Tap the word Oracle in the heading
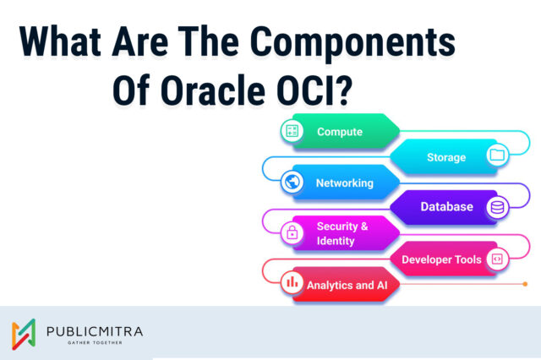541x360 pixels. click(227, 86)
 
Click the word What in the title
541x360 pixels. click(67, 41)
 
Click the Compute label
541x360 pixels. click(340, 132)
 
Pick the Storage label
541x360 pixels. click(445, 157)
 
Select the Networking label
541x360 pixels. click(344, 183)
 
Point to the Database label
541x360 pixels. click(446, 207)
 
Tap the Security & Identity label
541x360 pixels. click(342, 233)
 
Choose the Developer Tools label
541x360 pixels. click(441, 259)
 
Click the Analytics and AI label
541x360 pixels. click(341, 285)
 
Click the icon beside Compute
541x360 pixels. click(292, 131)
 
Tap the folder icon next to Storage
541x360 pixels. click(496, 155)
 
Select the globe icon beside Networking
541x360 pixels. click(292, 182)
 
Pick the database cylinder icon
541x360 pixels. click(496, 207)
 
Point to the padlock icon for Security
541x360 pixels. click(292, 233)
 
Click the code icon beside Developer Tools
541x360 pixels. click(497, 259)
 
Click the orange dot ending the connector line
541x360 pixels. click(526, 284)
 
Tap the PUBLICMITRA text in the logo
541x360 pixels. click(96, 330)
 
